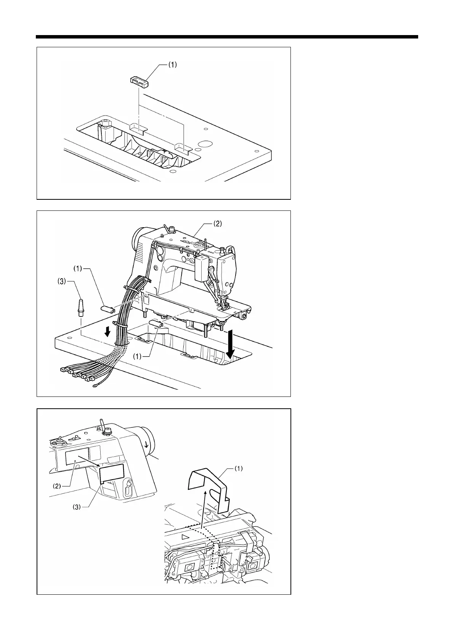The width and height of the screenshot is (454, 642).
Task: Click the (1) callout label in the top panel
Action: (173, 65)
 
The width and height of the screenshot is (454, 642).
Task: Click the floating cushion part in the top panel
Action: (139, 82)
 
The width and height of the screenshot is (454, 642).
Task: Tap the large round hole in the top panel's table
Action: (205, 144)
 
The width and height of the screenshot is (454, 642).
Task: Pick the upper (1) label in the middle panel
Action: (77, 269)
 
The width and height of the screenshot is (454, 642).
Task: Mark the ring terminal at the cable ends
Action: (94, 387)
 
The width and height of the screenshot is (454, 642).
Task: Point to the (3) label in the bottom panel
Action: (77, 508)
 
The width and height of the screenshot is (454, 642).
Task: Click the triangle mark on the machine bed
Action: (186, 536)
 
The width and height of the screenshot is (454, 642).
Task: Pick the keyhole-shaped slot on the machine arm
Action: (128, 488)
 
